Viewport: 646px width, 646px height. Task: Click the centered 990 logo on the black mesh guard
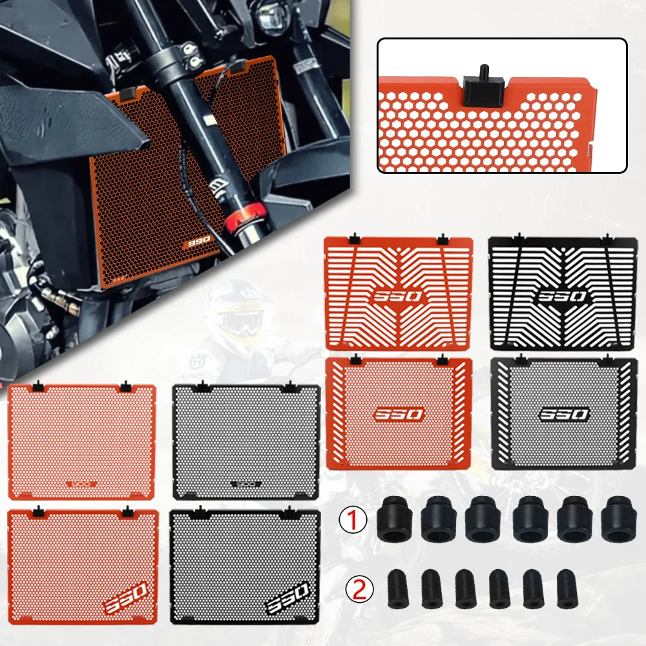coord(564,413)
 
